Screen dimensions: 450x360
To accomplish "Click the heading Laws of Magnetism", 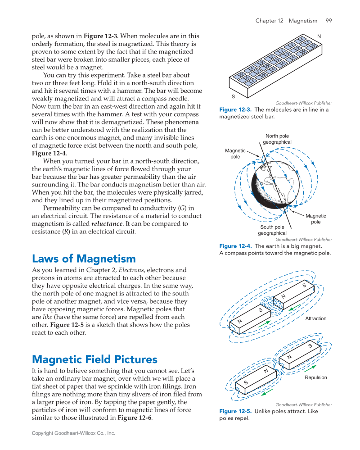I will (84, 259).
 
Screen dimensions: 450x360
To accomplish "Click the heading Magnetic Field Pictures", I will (94, 359).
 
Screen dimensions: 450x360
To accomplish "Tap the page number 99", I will (329, 21).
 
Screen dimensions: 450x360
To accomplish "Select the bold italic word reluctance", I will (108, 223).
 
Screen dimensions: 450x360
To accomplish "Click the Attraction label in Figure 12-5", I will (315, 319).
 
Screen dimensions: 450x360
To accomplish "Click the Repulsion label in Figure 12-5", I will (315, 378).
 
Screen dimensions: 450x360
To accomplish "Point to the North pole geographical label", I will (277, 139).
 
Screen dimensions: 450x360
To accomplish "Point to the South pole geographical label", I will (272, 230).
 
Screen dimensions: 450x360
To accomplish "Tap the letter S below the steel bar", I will (233, 97).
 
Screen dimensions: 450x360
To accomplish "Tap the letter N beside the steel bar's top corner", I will (319, 36).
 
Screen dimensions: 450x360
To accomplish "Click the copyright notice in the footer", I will (73, 433).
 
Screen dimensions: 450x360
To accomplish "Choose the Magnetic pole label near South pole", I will (315, 219).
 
